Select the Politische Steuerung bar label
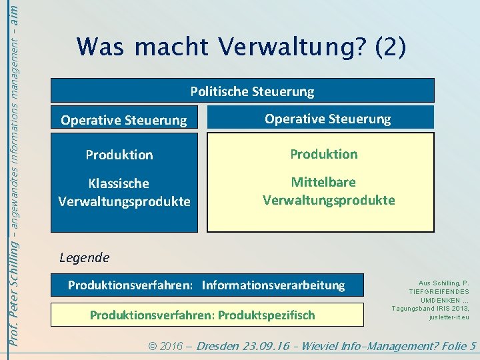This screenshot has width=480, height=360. click(252, 91)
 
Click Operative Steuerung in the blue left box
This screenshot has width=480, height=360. click(124, 121)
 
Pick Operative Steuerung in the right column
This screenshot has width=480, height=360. click(327, 119)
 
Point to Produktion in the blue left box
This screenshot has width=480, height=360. click(119, 155)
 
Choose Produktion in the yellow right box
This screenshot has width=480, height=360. click(323, 154)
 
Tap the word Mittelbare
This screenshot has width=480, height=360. click(323, 182)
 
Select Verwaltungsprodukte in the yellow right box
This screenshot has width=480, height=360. click(329, 200)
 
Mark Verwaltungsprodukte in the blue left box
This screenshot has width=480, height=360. click(124, 201)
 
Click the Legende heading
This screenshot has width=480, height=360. click(84, 257)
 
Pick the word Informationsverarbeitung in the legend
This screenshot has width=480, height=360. click(273, 285)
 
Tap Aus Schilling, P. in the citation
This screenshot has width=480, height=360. click(439, 283)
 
